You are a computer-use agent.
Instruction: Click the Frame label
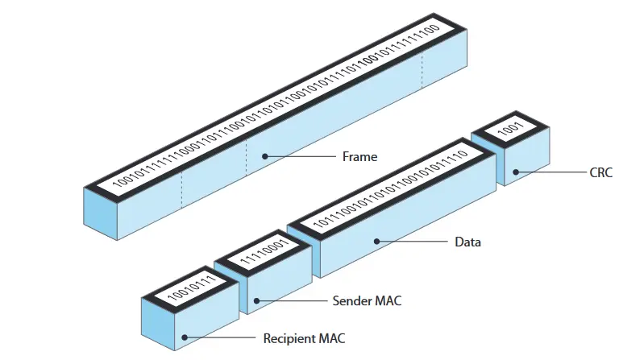(x=360, y=157)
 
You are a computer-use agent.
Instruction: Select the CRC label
(x=600, y=172)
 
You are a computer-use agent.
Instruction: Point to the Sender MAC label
(x=367, y=301)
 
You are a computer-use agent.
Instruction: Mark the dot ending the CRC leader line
(x=515, y=172)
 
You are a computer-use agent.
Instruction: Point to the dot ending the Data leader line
(x=376, y=241)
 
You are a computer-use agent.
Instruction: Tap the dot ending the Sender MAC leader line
(x=256, y=301)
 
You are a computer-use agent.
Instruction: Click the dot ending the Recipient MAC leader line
(x=185, y=338)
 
